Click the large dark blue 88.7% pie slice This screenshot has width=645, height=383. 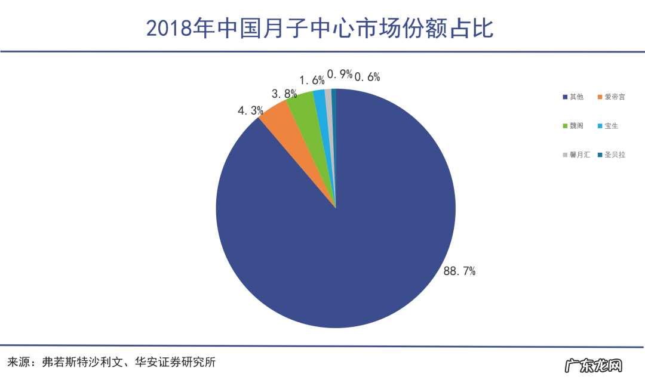pyautogui.click(x=358, y=239)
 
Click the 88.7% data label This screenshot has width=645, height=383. pyautogui.click(x=459, y=271)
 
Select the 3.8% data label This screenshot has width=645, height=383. pyautogui.click(x=284, y=94)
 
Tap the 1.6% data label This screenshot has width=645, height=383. pyautogui.click(x=312, y=80)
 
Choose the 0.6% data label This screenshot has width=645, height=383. pyautogui.click(x=367, y=76)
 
